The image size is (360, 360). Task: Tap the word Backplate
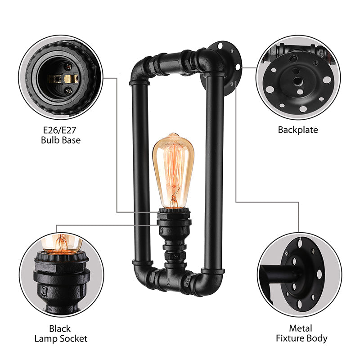(297, 130)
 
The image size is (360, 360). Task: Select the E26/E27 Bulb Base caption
(60, 135)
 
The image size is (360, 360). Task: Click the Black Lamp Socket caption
(61, 333)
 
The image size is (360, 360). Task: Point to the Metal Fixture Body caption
(301, 333)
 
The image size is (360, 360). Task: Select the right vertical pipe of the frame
(214, 171)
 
